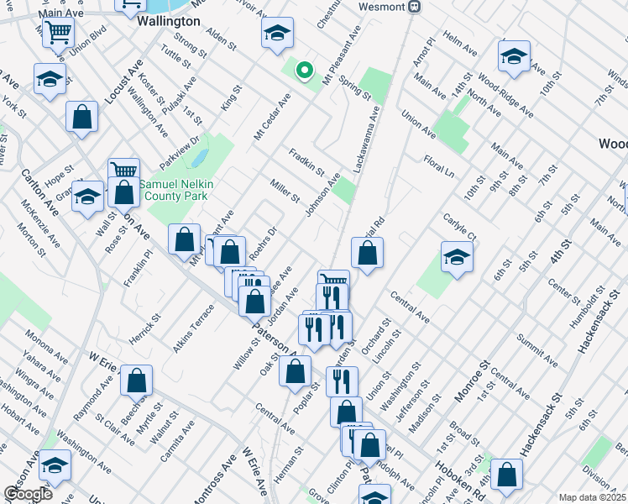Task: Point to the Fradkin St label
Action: click(306, 162)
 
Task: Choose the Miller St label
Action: click(285, 191)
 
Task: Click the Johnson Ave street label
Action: click(322, 195)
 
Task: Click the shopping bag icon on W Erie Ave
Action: click(136, 381)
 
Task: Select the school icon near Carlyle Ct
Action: click(457, 258)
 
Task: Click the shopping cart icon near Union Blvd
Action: click(59, 33)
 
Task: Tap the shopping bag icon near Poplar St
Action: click(295, 370)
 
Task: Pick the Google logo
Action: click(29, 494)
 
